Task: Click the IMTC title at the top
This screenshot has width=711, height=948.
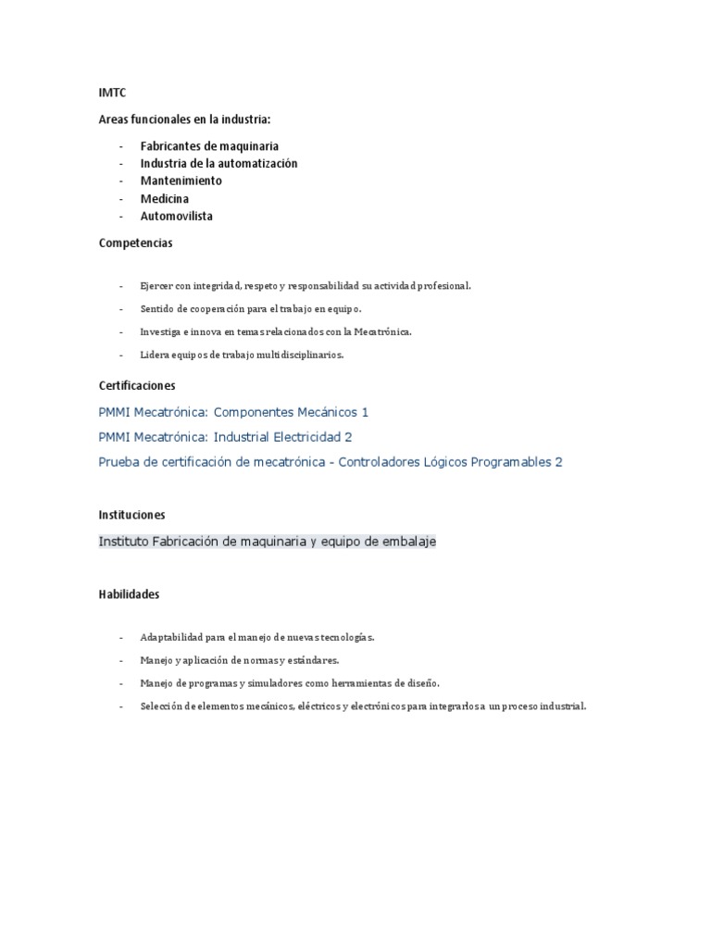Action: (x=112, y=94)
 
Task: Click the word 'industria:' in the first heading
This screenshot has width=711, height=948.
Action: (x=243, y=119)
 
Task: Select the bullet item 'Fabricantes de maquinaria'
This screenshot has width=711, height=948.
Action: (x=209, y=146)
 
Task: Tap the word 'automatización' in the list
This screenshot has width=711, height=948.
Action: (x=257, y=164)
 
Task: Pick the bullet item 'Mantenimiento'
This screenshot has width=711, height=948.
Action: (x=181, y=181)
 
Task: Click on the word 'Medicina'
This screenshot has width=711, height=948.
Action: (x=164, y=199)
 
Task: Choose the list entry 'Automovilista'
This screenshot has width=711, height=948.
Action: (x=176, y=217)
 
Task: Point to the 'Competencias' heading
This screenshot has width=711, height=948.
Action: (x=135, y=243)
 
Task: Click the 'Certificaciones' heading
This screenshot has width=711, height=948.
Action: (x=137, y=385)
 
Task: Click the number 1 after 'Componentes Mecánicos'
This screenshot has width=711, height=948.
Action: (x=365, y=412)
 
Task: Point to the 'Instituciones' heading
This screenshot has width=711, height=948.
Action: (x=132, y=515)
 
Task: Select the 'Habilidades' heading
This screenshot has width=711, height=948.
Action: (x=130, y=594)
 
